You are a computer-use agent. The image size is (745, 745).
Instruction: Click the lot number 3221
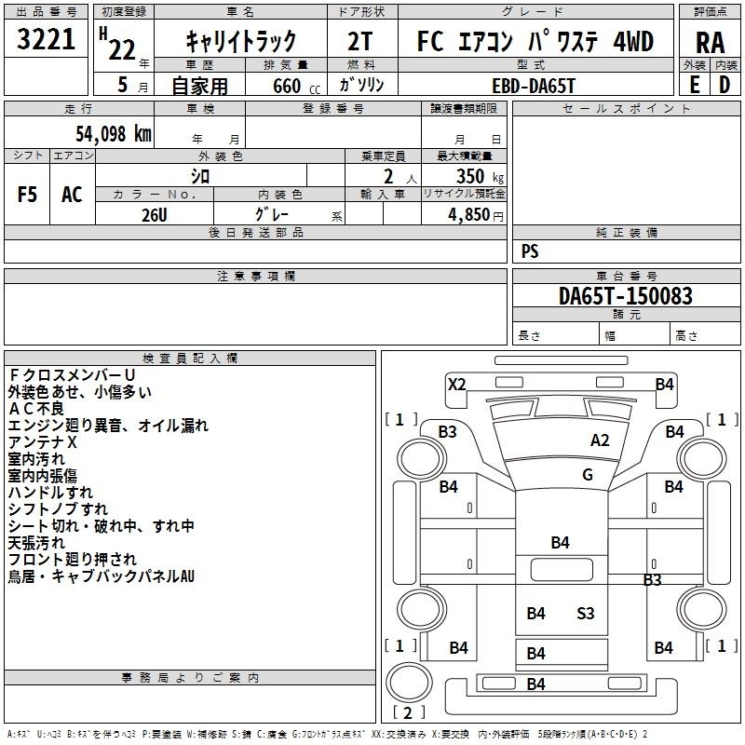46,39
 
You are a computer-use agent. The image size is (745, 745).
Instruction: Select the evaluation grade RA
711,43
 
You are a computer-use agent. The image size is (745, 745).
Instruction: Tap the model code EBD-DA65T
534,86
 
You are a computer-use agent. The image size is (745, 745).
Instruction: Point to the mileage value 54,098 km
114,133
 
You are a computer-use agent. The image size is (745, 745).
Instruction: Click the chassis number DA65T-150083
626,296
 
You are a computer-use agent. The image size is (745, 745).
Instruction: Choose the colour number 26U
155,215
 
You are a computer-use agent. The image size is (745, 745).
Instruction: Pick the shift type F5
27,195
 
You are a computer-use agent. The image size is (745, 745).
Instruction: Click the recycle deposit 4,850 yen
476,215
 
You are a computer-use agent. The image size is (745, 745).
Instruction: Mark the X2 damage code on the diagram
457,384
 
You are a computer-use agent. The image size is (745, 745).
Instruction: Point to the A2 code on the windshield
600,440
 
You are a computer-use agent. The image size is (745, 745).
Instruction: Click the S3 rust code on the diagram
586,614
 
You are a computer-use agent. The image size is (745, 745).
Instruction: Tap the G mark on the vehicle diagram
588,475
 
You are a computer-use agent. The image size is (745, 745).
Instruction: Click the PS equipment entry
530,251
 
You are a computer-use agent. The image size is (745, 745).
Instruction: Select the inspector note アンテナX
42,442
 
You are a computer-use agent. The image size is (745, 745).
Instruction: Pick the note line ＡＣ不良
36,409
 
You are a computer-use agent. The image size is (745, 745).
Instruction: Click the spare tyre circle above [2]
409,682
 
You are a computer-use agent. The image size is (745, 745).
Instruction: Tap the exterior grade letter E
695,85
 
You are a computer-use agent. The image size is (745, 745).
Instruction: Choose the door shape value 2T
360,41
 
